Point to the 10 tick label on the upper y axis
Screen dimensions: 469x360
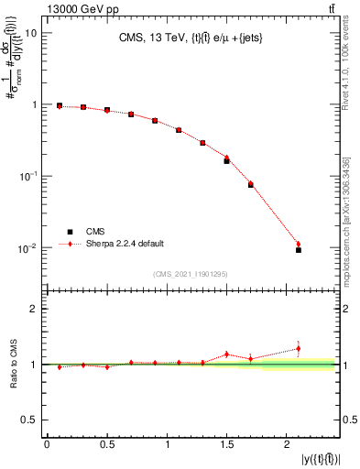click(30, 33)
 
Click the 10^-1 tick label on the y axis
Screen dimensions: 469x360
click(28, 176)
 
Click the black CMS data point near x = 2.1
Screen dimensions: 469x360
click(299, 249)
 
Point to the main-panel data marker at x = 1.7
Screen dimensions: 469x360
click(251, 185)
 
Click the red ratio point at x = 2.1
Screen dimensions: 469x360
click(299, 348)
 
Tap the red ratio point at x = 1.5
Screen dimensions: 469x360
click(226, 354)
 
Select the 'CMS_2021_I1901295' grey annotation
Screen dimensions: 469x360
click(191, 274)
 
